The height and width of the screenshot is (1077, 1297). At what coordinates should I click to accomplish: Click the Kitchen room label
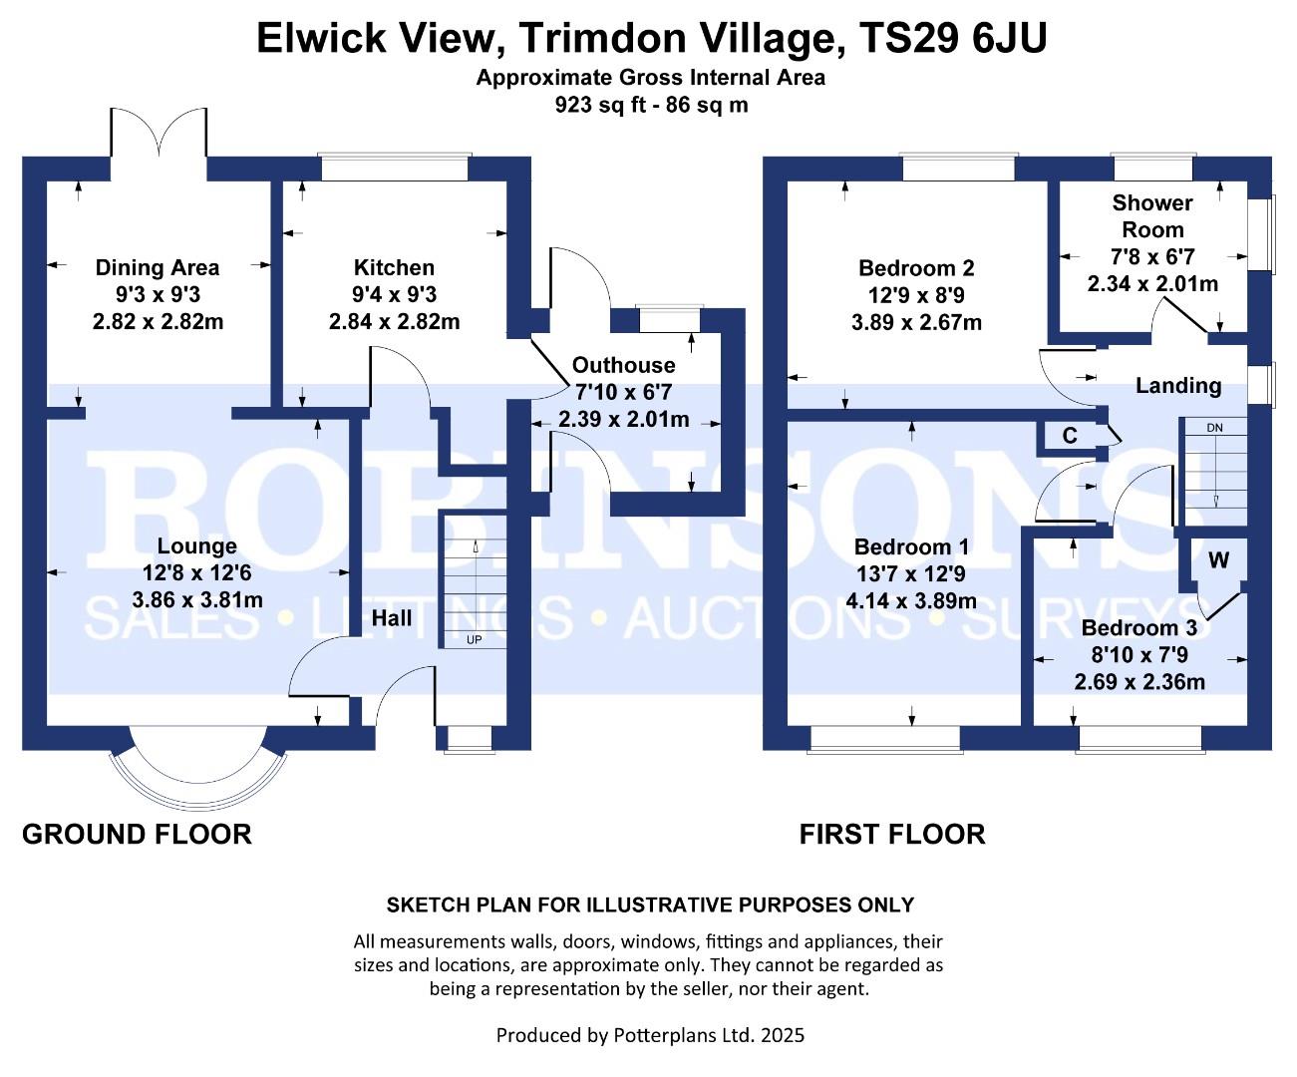(394, 267)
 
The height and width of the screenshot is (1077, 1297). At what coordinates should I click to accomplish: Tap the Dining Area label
(158, 268)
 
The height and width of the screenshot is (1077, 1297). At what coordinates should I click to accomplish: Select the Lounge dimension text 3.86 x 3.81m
(197, 599)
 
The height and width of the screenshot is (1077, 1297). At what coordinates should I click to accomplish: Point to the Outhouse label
(623, 365)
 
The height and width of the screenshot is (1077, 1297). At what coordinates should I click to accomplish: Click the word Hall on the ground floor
(392, 617)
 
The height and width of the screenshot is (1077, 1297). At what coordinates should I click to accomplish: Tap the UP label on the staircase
(474, 639)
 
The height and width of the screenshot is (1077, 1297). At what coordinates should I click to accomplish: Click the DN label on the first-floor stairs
(1214, 428)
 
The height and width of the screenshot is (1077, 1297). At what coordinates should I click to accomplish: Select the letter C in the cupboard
(1070, 436)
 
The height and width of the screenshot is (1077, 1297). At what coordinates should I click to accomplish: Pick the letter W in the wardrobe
(1218, 560)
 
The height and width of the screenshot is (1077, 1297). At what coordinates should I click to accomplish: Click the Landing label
(1178, 386)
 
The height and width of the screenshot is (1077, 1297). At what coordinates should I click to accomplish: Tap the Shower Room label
(1152, 216)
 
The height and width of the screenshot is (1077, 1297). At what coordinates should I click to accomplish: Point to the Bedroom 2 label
(916, 268)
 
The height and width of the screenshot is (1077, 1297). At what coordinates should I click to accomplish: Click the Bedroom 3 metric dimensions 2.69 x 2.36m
(1139, 682)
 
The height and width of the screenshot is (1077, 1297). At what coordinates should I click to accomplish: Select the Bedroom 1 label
(911, 546)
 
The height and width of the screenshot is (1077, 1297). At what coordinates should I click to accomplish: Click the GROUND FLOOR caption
(137, 834)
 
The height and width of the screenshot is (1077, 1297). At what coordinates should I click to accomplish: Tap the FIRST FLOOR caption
(892, 834)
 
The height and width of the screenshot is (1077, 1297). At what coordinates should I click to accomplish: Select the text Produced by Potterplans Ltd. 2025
(650, 1035)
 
